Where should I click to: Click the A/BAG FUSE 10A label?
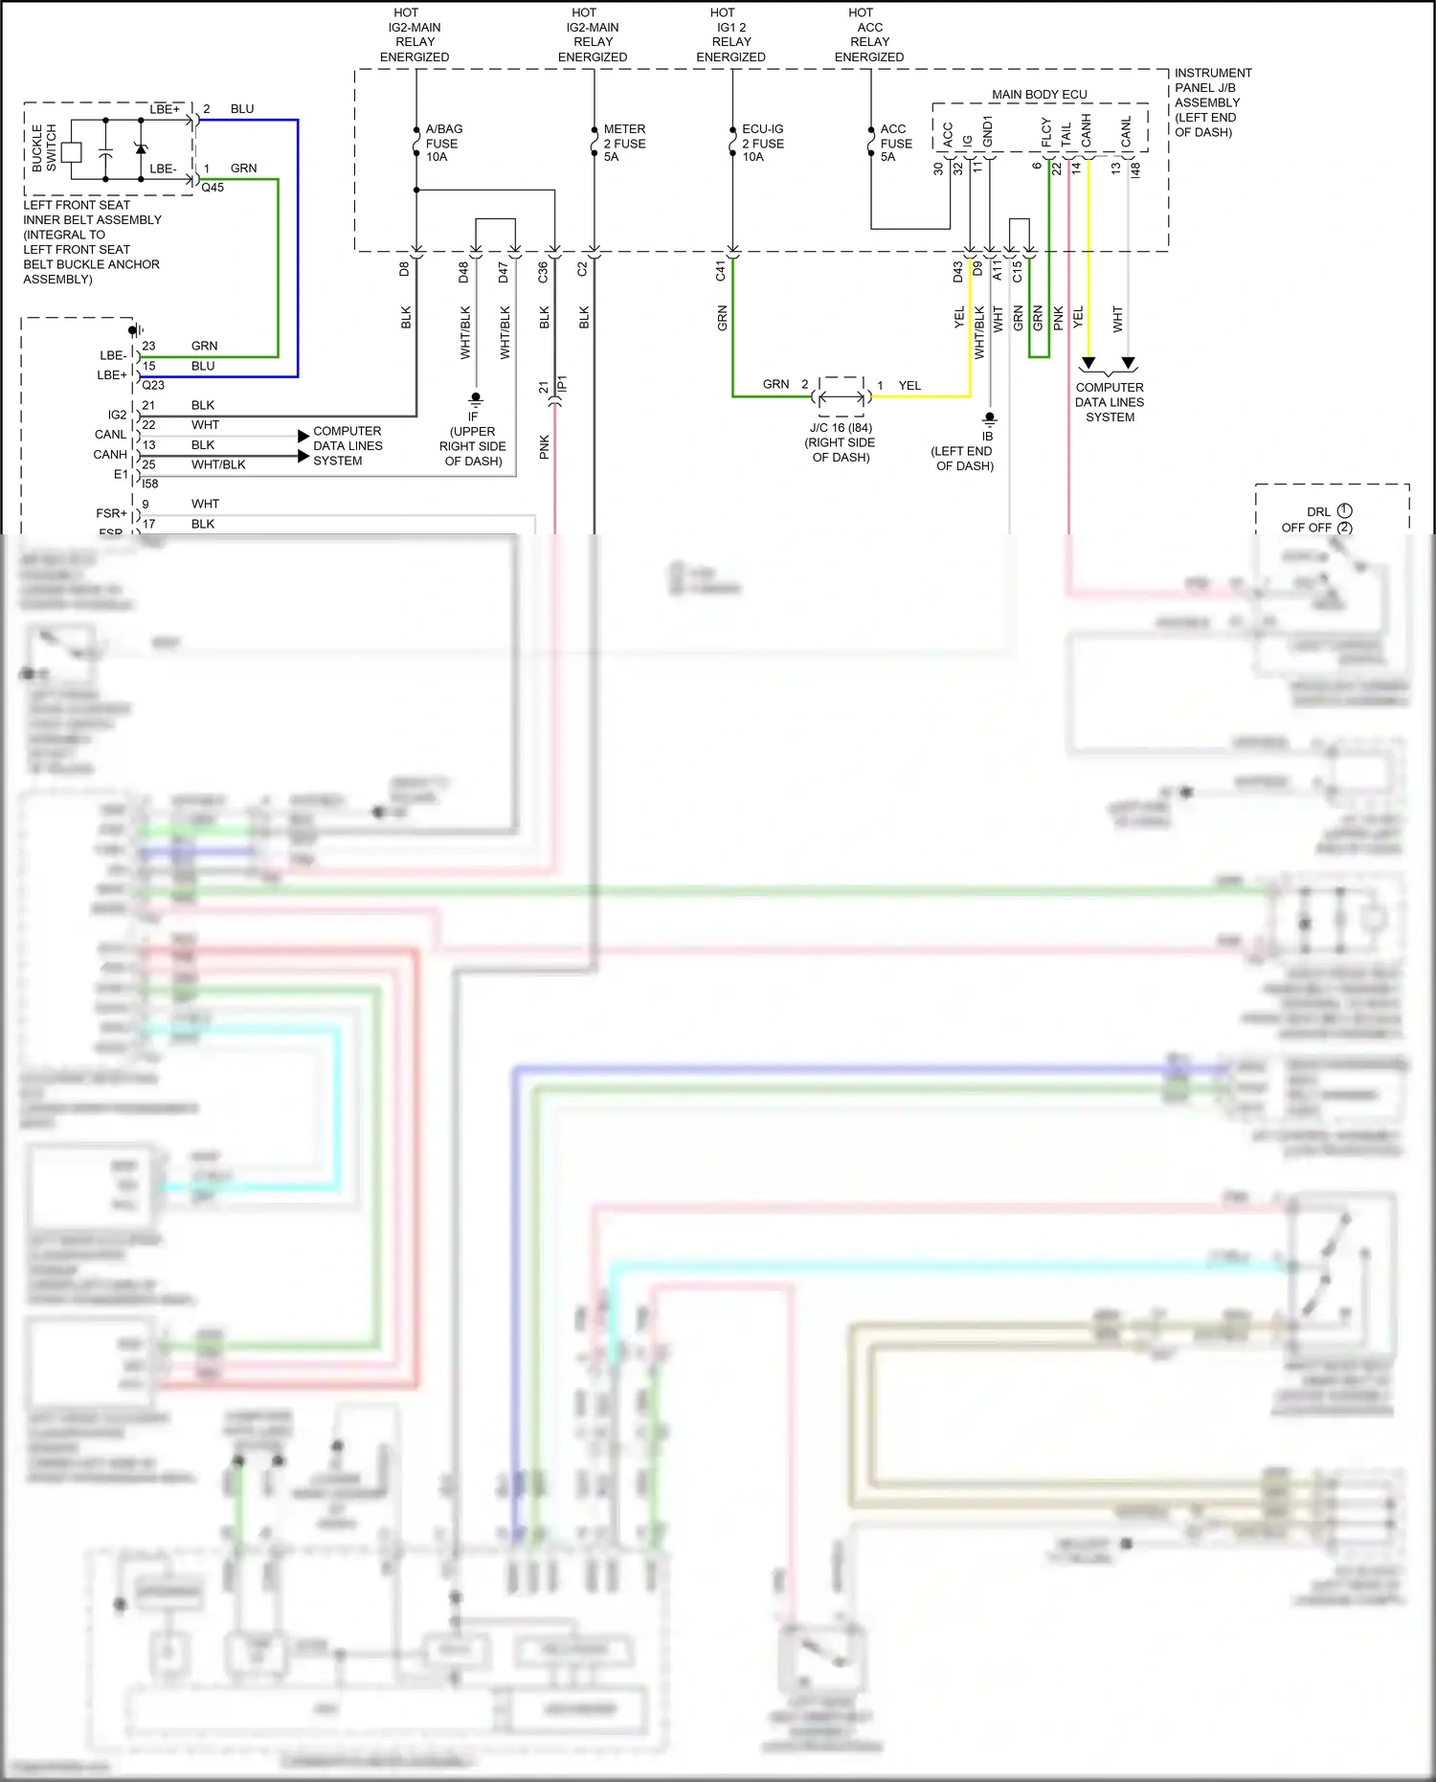pos(442,143)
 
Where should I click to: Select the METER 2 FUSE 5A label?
pos(624,143)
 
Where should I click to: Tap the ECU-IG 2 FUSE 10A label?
pos(762,143)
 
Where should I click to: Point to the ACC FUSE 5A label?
pos(895,143)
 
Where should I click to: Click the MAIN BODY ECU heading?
pos(1039,94)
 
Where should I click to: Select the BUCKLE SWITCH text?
pos(44,147)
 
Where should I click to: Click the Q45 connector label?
pos(213,188)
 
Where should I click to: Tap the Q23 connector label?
pos(153,385)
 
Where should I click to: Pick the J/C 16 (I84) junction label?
pos(841,428)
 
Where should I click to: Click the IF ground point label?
pos(473,417)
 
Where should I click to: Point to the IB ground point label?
pos(987,437)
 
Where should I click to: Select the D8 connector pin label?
pos(404,270)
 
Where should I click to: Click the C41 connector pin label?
pos(721,271)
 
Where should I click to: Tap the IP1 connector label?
pos(562,383)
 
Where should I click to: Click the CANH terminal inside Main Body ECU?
pos(1086,131)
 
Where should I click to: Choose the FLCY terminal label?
pos(1045,132)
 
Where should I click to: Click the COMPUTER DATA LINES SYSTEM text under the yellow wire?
pos(1109,402)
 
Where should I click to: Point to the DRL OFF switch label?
pos(1317,520)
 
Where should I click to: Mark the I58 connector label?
pos(150,484)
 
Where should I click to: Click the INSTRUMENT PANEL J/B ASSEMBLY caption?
pos(1212,102)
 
